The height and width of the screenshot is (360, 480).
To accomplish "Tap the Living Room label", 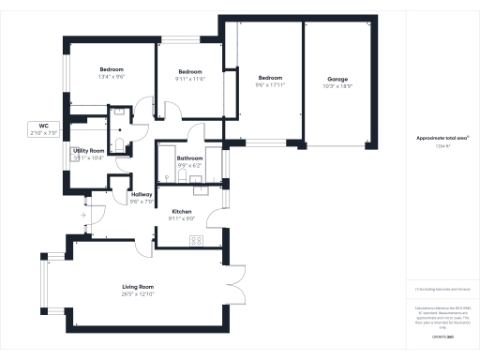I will [138, 286].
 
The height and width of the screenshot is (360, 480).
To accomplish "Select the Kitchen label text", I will [181, 212].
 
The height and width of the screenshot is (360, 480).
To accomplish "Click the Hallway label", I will [142, 194].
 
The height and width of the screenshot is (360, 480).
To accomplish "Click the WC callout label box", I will [43, 129].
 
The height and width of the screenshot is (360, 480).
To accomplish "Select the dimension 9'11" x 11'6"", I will [190, 79].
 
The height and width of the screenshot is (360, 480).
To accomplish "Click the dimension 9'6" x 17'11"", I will [269, 85].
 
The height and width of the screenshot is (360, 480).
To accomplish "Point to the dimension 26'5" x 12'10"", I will [138, 293].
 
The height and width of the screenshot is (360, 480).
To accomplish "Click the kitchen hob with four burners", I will [197, 241].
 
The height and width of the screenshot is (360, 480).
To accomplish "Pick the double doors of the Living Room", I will [235, 280].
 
